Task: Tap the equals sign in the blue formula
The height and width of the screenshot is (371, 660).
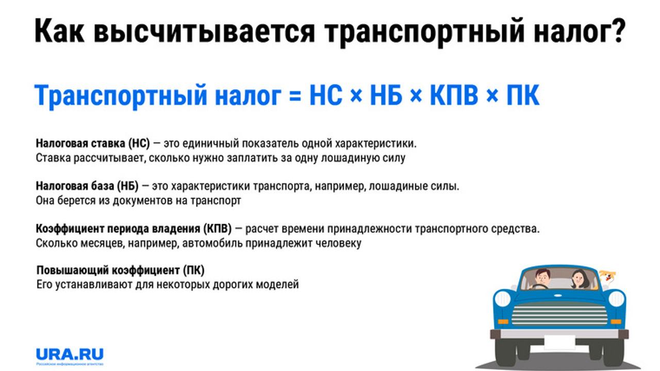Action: (x=294, y=96)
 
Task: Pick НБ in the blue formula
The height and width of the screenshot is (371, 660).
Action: (x=385, y=96)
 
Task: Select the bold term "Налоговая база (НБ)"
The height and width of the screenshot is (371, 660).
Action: (x=87, y=185)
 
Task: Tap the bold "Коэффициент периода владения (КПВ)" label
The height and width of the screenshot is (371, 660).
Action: (x=134, y=228)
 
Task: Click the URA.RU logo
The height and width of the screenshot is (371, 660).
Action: (x=70, y=354)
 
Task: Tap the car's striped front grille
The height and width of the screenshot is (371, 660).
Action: (x=559, y=313)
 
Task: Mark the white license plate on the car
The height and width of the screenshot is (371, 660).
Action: (x=559, y=334)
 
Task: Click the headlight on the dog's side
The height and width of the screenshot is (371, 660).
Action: (x=617, y=299)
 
